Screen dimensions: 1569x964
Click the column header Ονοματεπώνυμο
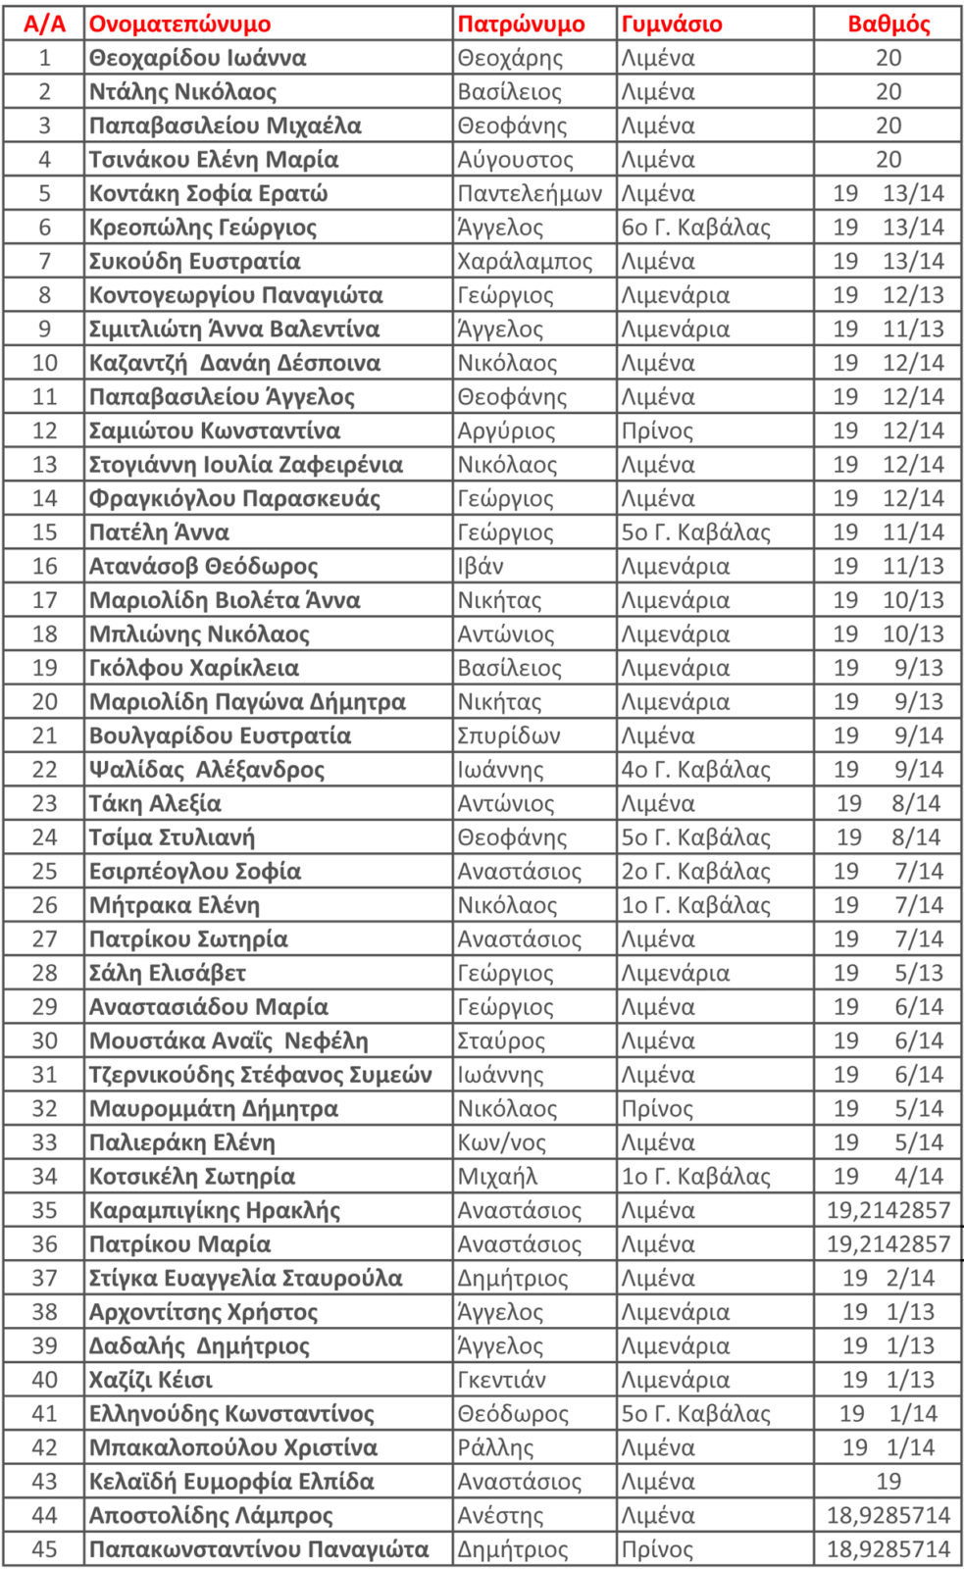(x=179, y=24)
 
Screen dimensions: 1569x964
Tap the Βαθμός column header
(x=888, y=24)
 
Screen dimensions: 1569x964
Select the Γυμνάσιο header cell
(x=672, y=24)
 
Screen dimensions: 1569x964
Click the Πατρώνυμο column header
(x=521, y=24)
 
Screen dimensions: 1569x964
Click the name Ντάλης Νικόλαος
(x=182, y=92)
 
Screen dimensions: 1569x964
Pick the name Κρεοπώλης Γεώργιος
(x=203, y=228)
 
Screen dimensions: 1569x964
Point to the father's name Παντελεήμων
(x=530, y=193)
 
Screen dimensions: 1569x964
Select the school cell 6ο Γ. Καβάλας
(x=695, y=228)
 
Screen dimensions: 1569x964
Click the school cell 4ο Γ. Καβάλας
(x=695, y=770)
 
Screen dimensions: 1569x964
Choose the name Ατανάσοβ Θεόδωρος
(x=203, y=567)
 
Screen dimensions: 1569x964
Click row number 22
(x=44, y=770)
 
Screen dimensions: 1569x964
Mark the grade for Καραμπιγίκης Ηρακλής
(x=888, y=1210)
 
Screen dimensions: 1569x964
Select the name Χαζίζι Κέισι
(x=151, y=1380)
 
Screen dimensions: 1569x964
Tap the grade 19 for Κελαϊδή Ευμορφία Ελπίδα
(x=888, y=1482)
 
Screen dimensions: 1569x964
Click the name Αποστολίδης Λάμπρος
(x=211, y=1515)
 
